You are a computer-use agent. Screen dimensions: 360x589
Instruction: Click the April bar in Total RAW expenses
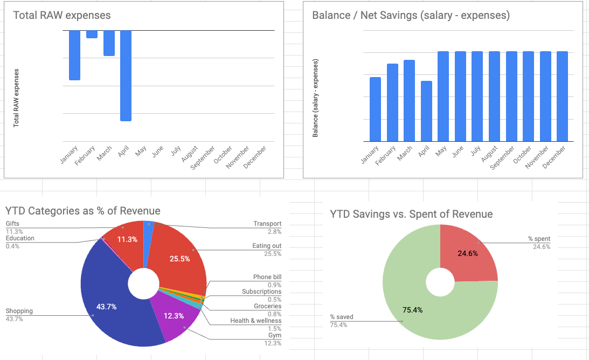pos(126,75)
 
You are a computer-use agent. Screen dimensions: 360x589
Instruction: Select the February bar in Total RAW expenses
pos(92,34)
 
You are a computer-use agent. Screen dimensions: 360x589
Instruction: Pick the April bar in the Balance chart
pos(426,111)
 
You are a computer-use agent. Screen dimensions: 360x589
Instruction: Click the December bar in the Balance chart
pos(562,96)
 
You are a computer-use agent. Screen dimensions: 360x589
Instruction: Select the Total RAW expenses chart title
pos(61,15)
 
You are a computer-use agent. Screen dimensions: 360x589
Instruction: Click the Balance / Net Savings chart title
pos(411,15)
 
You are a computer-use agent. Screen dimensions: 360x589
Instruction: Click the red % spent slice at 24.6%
pos(466,253)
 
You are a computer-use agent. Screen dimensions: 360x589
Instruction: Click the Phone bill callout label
pos(267,277)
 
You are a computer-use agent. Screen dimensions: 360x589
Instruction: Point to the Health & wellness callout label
pos(255,321)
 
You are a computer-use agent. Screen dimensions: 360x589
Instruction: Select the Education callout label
pos(20,238)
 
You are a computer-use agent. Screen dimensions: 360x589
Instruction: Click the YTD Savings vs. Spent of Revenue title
pos(411,214)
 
